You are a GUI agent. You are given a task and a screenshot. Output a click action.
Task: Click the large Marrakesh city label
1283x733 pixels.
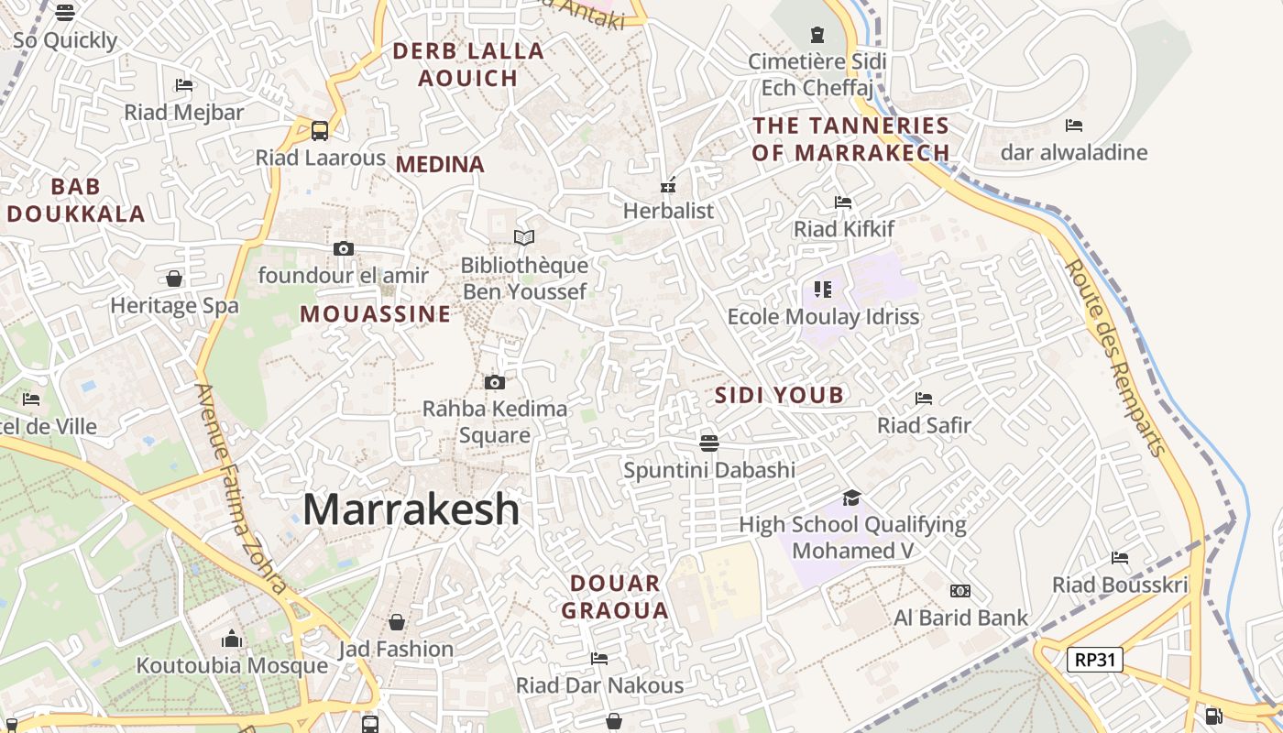[x=411, y=509]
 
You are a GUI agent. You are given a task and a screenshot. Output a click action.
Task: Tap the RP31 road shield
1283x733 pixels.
[x=1095, y=659]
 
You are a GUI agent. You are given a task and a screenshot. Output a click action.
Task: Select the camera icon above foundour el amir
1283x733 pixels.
[x=344, y=248]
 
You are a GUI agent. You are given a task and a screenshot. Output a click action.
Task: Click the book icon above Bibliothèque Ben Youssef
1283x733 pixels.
[x=524, y=238]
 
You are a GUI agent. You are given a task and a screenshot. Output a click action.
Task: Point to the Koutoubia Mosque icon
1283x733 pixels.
[x=232, y=639]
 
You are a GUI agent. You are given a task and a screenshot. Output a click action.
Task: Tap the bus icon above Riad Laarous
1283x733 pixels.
[x=320, y=131]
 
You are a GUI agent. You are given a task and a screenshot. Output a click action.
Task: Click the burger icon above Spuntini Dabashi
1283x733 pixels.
[x=708, y=443]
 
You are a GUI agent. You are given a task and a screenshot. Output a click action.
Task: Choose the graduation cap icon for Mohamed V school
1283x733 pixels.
[x=852, y=498]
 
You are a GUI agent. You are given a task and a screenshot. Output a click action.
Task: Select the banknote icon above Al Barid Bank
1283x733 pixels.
[x=960, y=591]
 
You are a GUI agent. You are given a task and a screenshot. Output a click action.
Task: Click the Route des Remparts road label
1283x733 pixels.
[x=1115, y=357]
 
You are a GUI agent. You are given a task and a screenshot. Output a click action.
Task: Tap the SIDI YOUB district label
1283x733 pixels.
[x=779, y=396]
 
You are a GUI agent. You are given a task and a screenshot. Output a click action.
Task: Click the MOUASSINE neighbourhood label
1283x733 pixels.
[x=376, y=314]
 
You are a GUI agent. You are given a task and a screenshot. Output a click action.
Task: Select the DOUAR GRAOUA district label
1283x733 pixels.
[x=615, y=596]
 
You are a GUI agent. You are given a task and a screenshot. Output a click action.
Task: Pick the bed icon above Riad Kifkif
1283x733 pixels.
[x=843, y=202]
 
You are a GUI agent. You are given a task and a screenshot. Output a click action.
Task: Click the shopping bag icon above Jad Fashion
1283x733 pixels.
[x=397, y=623]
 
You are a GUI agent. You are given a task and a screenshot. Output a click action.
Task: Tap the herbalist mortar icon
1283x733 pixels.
[x=668, y=185]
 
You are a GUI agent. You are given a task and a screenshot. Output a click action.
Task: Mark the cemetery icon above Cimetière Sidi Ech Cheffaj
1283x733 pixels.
[x=817, y=35]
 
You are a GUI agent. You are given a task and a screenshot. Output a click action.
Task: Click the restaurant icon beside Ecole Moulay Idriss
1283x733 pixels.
[x=823, y=290]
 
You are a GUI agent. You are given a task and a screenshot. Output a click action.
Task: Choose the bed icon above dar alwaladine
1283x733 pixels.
[x=1074, y=126]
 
